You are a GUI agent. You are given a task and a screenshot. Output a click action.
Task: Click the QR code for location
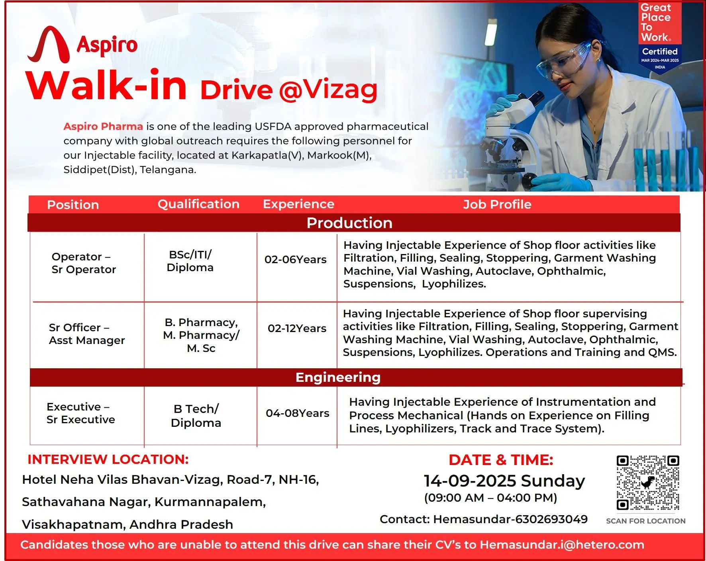(x=648, y=483)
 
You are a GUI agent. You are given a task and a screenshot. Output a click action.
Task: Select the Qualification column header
(x=198, y=204)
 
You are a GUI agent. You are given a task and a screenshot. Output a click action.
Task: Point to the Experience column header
(x=298, y=204)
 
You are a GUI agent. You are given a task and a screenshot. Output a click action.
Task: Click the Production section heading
(x=349, y=223)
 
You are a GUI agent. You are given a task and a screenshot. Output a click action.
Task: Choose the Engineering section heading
(x=338, y=377)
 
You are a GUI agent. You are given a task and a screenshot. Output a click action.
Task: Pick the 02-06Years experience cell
(x=296, y=260)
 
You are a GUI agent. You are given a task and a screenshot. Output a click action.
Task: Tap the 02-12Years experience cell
(x=297, y=328)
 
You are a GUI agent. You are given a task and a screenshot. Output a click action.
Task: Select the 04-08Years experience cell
(x=298, y=413)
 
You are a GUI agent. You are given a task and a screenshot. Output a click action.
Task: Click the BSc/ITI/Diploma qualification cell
(x=190, y=261)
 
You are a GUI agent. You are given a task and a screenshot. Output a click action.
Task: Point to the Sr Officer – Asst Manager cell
(x=86, y=334)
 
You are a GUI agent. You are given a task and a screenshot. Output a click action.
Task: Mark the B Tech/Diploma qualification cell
(x=196, y=416)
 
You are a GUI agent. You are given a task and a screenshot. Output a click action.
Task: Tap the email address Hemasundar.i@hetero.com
(x=562, y=545)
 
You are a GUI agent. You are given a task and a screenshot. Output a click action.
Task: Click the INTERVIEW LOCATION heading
(x=108, y=459)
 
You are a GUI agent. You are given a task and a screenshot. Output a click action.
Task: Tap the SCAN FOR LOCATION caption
(x=646, y=521)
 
